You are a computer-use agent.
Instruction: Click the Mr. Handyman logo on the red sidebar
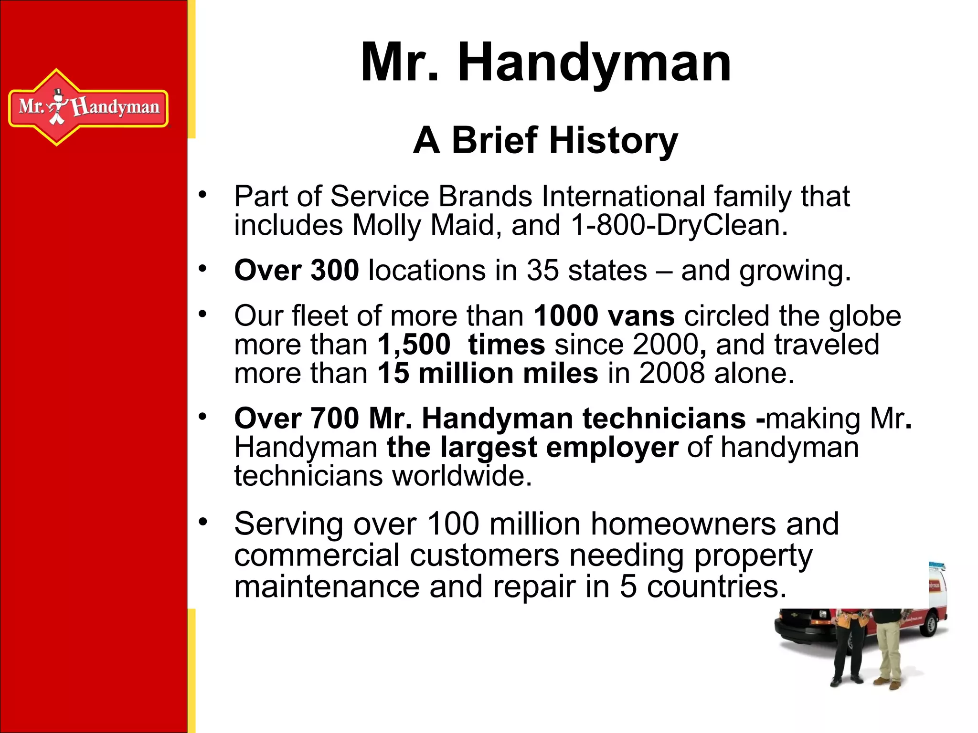pyautogui.click(x=88, y=107)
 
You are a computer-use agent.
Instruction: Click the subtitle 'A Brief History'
pyautogui.click(x=545, y=140)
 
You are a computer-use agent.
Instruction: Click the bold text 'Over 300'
pyautogui.click(x=296, y=271)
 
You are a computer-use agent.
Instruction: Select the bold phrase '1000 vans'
pyautogui.click(x=604, y=316)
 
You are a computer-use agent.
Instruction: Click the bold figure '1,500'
pyautogui.click(x=414, y=345)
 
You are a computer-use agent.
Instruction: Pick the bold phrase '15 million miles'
pyautogui.click(x=488, y=373)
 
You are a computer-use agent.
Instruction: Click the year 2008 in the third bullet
pyautogui.click(x=671, y=373)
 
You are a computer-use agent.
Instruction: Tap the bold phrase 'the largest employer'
pyautogui.click(x=532, y=448)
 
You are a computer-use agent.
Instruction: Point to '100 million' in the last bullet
pyautogui.click(x=502, y=524)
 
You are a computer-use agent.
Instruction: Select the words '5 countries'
pyautogui.click(x=702, y=587)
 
